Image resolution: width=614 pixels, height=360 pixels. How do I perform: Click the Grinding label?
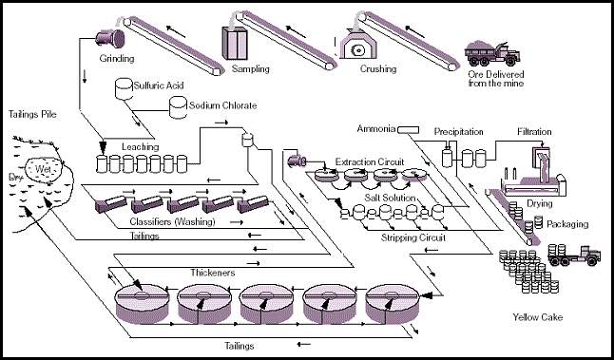click(117, 59)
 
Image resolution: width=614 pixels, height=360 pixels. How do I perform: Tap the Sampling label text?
click(251, 69)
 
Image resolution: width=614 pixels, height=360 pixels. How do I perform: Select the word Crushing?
click(378, 69)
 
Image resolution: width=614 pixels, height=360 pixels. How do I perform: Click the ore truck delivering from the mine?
click(492, 53)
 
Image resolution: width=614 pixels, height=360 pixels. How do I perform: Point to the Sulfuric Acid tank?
click(124, 89)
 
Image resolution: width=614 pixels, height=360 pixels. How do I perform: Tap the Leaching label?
click(140, 147)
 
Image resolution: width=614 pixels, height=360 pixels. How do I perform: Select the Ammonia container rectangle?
click(409, 130)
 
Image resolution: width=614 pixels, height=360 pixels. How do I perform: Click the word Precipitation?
click(458, 132)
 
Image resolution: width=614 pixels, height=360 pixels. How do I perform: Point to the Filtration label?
click(534, 132)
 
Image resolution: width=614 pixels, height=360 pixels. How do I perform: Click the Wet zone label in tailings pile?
click(43, 169)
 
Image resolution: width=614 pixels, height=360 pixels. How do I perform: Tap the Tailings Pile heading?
click(32, 115)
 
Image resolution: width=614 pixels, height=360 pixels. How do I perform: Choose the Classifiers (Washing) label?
click(172, 222)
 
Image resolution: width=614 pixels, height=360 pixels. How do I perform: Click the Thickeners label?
click(213, 273)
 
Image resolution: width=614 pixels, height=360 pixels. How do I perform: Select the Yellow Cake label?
click(538, 317)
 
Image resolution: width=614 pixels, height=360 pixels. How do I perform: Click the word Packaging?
click(567, 224)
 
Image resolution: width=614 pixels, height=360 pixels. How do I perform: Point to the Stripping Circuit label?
click(413, 237)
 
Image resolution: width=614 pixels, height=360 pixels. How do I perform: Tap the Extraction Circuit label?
click(370, 161)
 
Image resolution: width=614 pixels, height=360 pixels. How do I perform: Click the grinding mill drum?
click(110, 39)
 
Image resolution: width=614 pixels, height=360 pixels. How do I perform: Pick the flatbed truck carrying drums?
click(574, 255)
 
